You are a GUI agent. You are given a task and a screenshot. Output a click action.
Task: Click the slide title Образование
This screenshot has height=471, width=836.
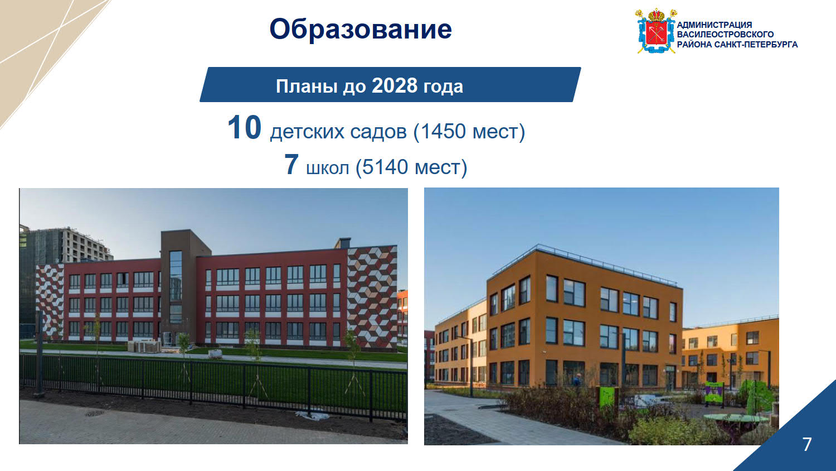(361, 29)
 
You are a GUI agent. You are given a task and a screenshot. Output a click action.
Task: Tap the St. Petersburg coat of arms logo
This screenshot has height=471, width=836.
(656, 31)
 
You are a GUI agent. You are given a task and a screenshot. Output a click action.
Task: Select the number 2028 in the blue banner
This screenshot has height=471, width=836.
(395, 85)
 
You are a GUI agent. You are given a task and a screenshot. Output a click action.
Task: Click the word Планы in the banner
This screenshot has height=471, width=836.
(307, 86)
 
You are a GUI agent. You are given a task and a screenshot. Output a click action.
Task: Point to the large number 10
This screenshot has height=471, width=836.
(245, 127)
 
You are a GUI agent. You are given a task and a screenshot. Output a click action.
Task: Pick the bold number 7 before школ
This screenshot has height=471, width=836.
(291, 164)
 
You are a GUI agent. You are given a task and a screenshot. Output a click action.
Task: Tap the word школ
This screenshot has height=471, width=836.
(327, 168)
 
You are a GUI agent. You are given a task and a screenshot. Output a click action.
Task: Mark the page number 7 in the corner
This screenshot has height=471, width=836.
(807, 444)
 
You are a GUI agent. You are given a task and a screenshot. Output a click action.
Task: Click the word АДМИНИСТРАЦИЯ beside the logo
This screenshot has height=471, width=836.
(714, 25)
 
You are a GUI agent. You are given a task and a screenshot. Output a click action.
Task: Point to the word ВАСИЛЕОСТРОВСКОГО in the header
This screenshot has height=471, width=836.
(725, 35)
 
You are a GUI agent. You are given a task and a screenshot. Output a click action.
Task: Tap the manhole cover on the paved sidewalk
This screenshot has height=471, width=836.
(94, 413)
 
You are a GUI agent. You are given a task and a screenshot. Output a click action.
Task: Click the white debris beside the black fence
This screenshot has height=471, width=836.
(312, 416)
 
